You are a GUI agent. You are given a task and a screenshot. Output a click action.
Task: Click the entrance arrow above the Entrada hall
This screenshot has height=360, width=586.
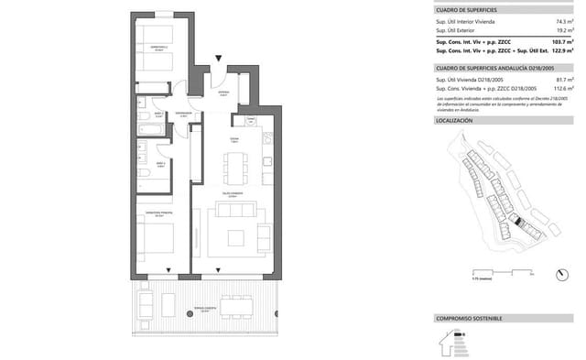[218, 60]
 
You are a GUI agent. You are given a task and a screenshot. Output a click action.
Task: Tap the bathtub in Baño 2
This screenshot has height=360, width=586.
[152, 129]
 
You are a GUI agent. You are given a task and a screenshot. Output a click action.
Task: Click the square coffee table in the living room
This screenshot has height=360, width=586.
[236, 237]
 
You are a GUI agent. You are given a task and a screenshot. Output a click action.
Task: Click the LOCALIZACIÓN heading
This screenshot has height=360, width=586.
[454, 121]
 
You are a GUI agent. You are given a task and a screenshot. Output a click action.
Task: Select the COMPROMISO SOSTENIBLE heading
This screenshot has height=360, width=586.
[469, 318]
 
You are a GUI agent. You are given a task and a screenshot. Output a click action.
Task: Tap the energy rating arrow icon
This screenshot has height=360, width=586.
[449, 341]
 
